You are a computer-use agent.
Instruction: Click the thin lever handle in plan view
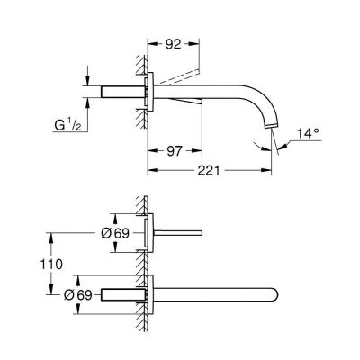click(x=184, y=232)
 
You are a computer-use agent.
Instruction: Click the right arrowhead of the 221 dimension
click(x=272, y=167)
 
